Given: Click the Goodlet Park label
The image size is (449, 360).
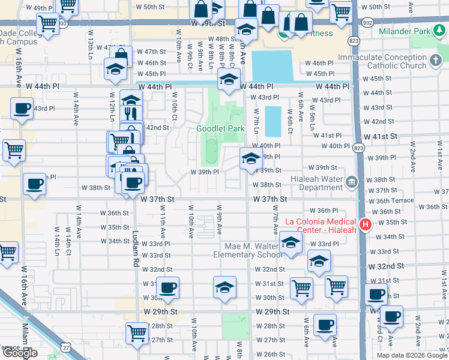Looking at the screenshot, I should (x=220, y=129).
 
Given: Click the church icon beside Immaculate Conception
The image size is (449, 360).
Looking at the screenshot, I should (x=437, y=61).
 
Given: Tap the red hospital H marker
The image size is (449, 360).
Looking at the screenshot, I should (x=365, y=226).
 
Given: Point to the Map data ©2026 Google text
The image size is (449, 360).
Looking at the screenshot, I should (x=411, y=355).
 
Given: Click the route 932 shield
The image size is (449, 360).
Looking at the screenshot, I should (x=366, y=21).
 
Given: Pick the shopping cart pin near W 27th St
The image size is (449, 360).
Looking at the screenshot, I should (x=137, y=332).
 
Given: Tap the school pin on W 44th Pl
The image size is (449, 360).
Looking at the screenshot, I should (x=228, y=79).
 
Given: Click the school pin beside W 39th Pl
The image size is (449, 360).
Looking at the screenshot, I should (x=251, y=158).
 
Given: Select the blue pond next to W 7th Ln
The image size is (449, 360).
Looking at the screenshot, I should (x=273, y=121).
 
